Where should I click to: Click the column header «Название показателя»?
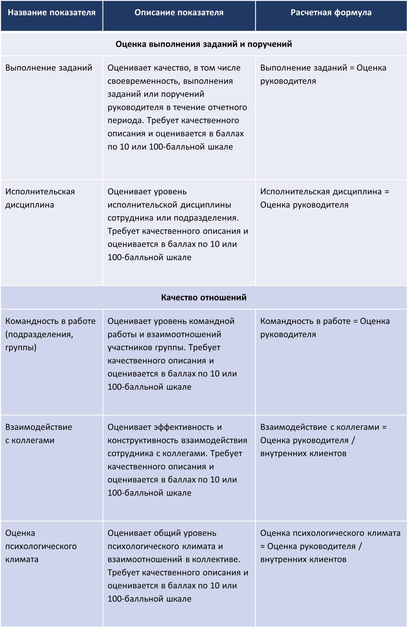click(x=51, y=13)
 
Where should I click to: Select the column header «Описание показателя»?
click(x=179, y=13)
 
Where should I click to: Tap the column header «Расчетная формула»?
click(x=331, y=13)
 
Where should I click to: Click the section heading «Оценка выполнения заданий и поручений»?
click(x=204, y=44)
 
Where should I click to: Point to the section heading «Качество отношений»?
click(x=204, y=297)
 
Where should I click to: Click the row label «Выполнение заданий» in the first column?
click(x=49, y=68)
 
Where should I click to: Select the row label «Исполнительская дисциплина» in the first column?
click(x=40, y=198)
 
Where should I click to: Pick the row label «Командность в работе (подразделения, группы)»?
click(x=50, y=334)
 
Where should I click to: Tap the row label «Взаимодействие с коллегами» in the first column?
click(x=39, y=434)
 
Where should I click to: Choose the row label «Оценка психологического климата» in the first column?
click(x=41, y=546)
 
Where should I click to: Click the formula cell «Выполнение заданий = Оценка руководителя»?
click(x=323, y=75)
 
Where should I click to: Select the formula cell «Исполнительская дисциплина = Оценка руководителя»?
click(x=325, y=198)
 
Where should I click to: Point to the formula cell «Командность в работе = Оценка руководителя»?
click(x=325, y=328)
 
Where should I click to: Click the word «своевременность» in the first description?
click(x=144, y=81)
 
